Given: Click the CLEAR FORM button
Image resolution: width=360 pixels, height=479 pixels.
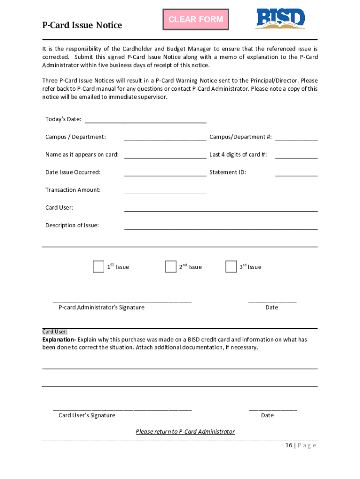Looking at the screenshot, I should (195, 20).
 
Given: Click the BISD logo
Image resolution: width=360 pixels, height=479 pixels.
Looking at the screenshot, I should (280, 19).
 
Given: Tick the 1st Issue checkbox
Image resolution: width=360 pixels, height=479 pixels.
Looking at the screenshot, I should (98, 267).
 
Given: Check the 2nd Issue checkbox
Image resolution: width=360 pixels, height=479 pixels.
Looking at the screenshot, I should (171, 267).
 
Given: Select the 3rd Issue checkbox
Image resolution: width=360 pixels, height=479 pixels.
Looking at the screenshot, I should (231, 267).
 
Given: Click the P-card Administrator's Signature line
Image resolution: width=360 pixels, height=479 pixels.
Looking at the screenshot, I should (122, 301).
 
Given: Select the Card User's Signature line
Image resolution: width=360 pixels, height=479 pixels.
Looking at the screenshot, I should (122, 408).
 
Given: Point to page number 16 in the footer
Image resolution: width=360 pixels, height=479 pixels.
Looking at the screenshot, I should (289, 445).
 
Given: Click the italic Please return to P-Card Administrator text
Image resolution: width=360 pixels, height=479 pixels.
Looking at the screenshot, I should (185, 432).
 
